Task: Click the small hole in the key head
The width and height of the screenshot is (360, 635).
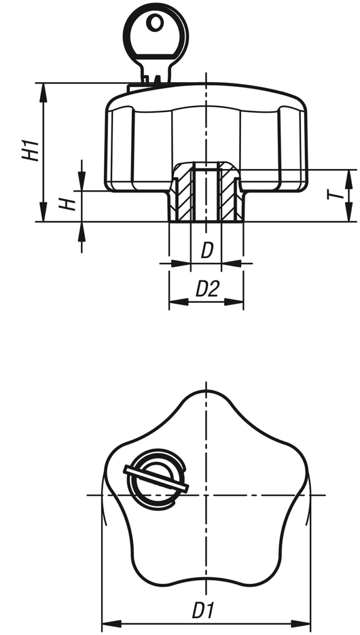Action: [x=155, y=23]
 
